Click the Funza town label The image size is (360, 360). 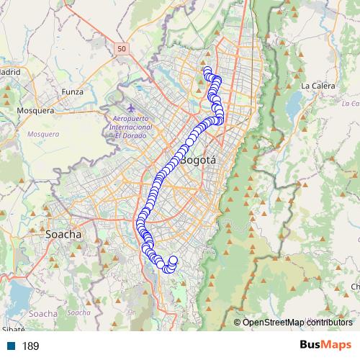[73, 91]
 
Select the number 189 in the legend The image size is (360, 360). [31, 346]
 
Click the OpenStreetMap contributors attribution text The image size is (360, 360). [297, 323]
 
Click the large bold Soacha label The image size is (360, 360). [63, 235]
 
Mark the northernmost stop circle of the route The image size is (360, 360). [207, 70]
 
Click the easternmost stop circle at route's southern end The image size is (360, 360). [173, 261]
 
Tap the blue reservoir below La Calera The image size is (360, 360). [292, 109]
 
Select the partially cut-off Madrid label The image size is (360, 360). [9, 71]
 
